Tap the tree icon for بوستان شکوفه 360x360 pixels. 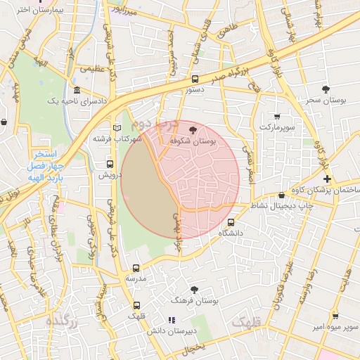tap(194, 129)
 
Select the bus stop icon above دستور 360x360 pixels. tap(195, 79)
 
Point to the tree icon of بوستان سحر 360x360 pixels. tap(326, 89)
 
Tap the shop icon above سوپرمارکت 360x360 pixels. tap(276, 117)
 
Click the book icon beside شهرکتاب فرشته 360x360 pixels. tap(117, 127)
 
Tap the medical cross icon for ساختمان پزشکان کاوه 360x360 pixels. tap(327, 179)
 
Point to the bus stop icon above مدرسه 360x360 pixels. tap(136, 268)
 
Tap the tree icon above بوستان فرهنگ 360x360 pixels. tap(195, 289)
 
